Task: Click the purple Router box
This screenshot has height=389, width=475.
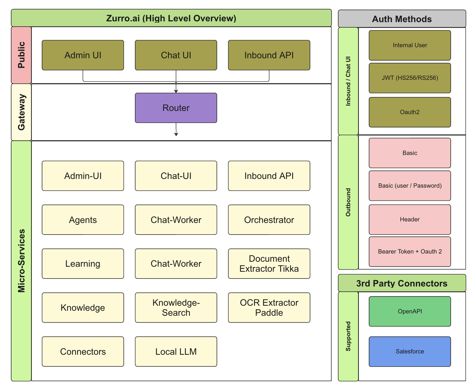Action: pos(176,108)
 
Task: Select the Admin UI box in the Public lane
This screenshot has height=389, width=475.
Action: pos(83,55)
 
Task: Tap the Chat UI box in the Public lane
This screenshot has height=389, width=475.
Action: pos(176,55)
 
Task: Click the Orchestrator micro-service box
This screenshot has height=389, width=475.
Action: pos(269,220)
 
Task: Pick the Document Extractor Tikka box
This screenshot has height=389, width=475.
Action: pos(269,264)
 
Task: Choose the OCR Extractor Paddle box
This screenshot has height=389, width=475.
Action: pos(269,308)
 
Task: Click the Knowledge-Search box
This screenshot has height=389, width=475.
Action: pos(176,308)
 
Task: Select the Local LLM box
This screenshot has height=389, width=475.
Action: pos(176,352)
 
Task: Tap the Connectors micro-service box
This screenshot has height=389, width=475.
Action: pos(83,352)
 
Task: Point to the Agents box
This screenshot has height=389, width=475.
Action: pos(83,220)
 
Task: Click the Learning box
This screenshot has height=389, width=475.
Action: pos(83,264)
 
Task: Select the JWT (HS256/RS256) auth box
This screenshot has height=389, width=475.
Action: pos(410,78)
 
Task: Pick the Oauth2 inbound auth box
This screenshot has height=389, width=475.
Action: pos(410,112)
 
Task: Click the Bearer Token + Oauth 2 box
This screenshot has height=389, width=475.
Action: pos(410,252)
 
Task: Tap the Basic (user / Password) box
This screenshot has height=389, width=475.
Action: pos(410,186)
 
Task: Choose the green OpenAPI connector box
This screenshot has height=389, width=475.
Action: pos(410,312)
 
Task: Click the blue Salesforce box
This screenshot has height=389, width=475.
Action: pos(410,352)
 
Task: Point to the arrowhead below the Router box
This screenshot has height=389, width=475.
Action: pos(176,135)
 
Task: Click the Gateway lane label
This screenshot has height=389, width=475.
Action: pos(21,112)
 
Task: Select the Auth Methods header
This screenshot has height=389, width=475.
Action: pos(402,19)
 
